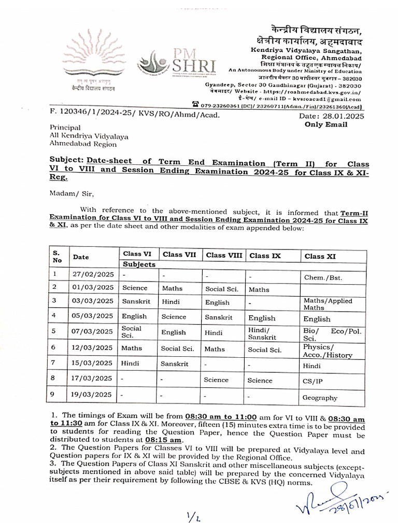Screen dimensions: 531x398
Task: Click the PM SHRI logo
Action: pyautogui.click(x=176, y=64)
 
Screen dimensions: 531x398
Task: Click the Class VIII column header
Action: pyautogui.click(x=224, y=255)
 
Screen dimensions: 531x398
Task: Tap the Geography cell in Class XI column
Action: pyautogui.click(x=320, y=398)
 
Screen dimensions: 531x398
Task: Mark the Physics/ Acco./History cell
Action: pyautogui.click(x=328, y=351)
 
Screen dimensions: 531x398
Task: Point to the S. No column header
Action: pyautogui.click(x=57, y=256)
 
